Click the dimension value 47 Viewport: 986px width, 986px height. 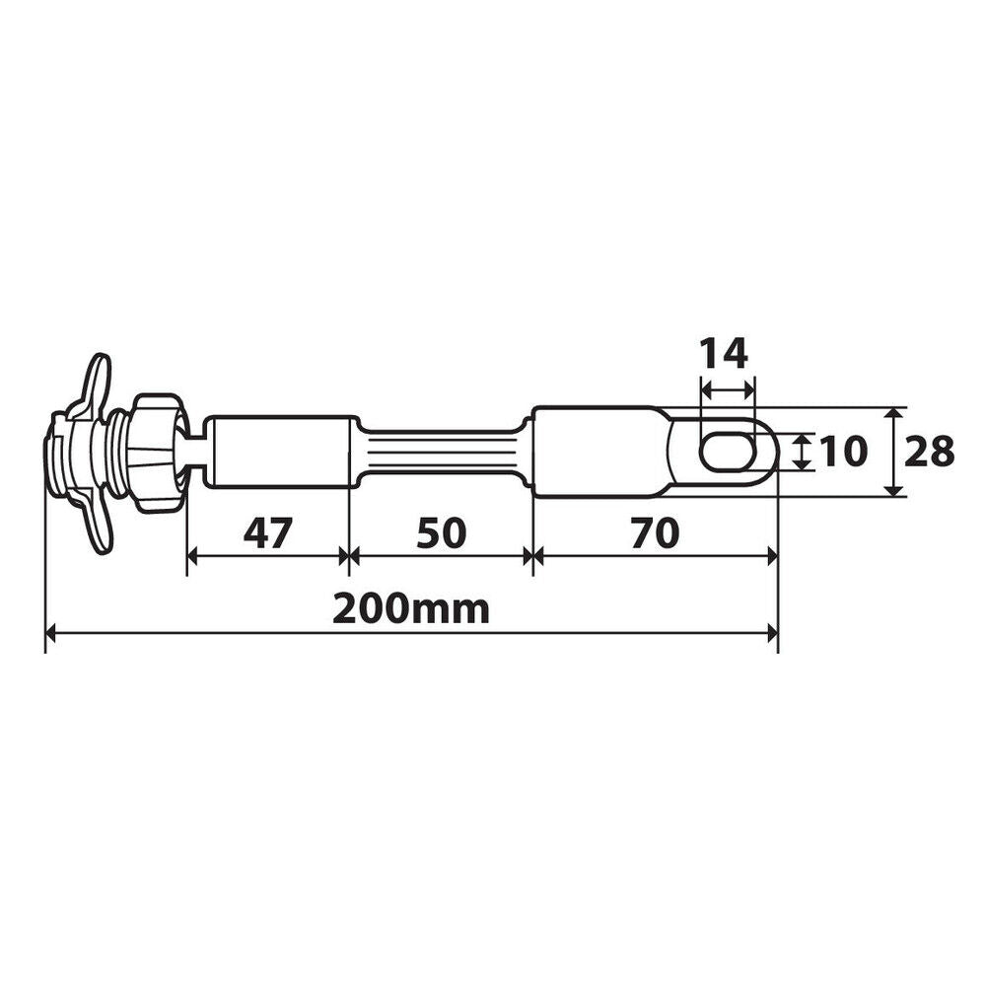pyautogui.click(x=268, y=532)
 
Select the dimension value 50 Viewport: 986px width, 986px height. pyautogui.click(x=440, y=532)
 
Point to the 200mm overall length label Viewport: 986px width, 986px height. pyautogui.click(x=410, y=608)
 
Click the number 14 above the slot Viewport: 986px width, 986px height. pyautogui.click(x=724, y=352)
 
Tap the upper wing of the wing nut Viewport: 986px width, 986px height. pyautogui.click(x=99, y=380)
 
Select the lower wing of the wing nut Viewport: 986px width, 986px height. pyautogui.click(x=99, y=528)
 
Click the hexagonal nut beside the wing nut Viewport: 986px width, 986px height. pyautogui.click(x=158, y=454)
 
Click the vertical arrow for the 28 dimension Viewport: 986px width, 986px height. pyautogui.click(x=893, y=452)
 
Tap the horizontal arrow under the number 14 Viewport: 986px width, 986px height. pyautogui.click(x=728, y=390)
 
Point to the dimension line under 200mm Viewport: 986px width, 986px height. pyautogui.click(x=412, y=636)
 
